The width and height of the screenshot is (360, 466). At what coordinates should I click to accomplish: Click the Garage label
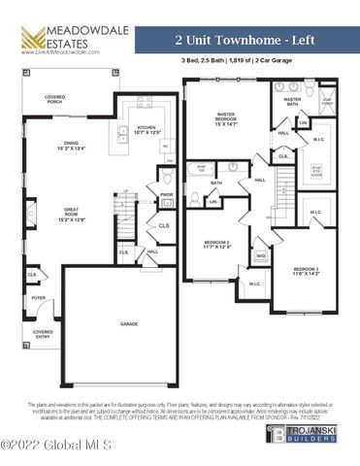coord(129,323)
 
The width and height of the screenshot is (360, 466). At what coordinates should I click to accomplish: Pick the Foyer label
coord(38,298)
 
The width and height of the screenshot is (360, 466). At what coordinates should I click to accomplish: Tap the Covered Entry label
coord(44,333)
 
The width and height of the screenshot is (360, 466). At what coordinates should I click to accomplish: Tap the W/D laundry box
coord(260,255)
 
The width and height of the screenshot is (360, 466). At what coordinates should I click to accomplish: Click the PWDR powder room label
coord(166,194)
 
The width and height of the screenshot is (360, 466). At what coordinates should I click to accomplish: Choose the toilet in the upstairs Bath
coord(195,198)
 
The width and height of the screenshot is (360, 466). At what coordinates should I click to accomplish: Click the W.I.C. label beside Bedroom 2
coord(254,283)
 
